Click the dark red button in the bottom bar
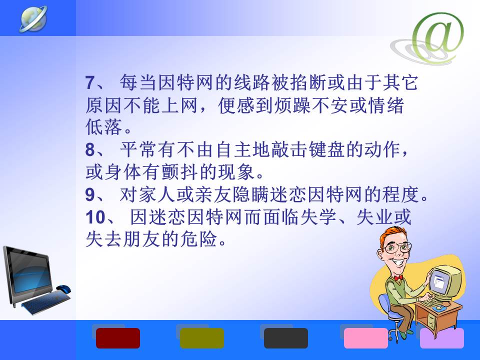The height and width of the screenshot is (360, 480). pyautogui.click(x=118, y=338)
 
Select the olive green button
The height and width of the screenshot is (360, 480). pyautogui.click(x=201, y=338)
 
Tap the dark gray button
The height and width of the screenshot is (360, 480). pyautogui.click(x=286, y=338)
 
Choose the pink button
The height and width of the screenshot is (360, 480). pyautogui.click(x=366, y=338)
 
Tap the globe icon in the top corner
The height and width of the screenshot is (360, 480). pyautogui.click(x=33, y=18)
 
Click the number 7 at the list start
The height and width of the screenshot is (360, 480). pyautogui.click(x=90, y=82)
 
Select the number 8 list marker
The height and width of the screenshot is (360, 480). pyautogui.click(x=90, y=150)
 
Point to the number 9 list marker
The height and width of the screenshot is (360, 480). pyautogui.click(x=90, y=194)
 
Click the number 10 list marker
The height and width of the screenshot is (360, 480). pyautogui.click(x=95, y=217)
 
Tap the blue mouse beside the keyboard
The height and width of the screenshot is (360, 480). pyautogui.click(x=63, y=288)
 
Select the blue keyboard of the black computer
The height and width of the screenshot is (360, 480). pyautogui.click(x=46, y=302)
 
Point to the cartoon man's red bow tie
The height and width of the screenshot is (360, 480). pyautogui.click(x=398, y=278)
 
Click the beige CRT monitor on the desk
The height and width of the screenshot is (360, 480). pyautogui.click(x=445, y=282)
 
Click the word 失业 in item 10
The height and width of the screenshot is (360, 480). pyautogui.click(x=374, y=217)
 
